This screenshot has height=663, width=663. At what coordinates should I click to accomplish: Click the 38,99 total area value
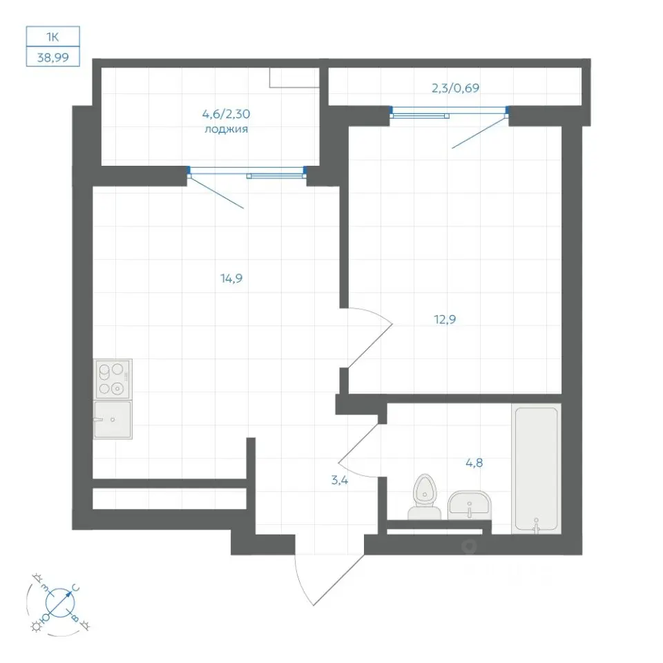click(53, 57)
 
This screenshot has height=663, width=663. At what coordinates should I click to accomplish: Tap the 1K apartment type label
click(52, 37)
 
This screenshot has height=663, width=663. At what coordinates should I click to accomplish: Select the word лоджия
click(227, 129)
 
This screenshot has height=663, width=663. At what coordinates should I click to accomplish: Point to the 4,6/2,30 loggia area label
click(227, 114)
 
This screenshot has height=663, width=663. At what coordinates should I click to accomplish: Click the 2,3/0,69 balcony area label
click(455, 88)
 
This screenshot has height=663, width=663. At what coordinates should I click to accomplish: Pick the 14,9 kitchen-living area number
click(231, 278)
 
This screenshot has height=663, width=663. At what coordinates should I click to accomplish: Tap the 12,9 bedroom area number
click(445, 319)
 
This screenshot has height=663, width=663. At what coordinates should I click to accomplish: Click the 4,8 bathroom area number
click(474, 463)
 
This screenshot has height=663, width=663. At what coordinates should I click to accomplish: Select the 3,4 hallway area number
click(340, 480)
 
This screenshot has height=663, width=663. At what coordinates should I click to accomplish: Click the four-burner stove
click(113, 379)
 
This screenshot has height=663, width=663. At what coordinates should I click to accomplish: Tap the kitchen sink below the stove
click(113, 419)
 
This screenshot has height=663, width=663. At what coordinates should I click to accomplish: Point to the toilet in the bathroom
click(424, 497)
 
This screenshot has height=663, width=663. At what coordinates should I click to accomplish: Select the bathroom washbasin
click(470, 506)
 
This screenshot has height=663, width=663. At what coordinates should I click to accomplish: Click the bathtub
click(536, 468)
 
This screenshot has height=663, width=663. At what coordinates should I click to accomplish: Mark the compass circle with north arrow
click(59, 602)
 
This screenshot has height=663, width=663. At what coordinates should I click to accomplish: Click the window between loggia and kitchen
click(247, 172)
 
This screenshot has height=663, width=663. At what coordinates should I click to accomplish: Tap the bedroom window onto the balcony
click(449, 112)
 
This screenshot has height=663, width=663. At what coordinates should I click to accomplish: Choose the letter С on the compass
click(76, 588)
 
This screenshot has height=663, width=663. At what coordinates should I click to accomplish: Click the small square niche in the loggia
click(294, 78)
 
